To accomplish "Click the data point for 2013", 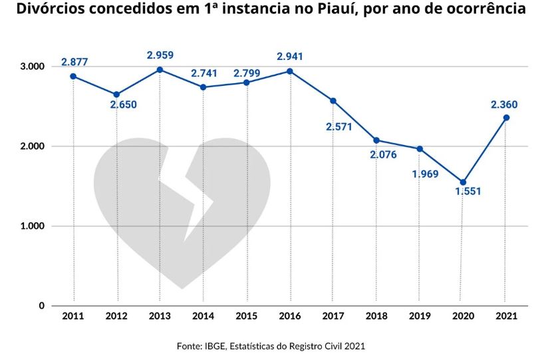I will click(160, 70).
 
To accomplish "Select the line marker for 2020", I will click(463, 182).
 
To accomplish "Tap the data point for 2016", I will click(290, 71).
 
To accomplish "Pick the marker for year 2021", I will click(506, 118).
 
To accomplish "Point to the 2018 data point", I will click(376, 140).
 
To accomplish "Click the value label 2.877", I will click(74, 62).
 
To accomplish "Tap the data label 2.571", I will click(339, 126).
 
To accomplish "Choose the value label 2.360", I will click(504, 104).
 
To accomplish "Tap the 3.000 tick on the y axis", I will click(31, 67).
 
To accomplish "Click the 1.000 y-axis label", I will click(31, 226).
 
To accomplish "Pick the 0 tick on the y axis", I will click(41, 305).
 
